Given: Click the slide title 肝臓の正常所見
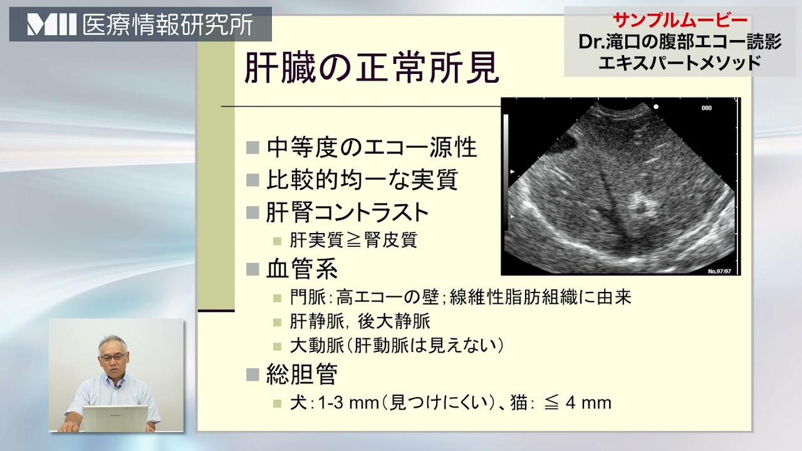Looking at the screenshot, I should pyautogui.click(x=371, y=68).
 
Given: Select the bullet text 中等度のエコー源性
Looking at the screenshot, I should pyautogui.click(x=372, y=148).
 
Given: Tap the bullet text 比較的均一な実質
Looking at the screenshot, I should pyautogui.click(x=362, y=180).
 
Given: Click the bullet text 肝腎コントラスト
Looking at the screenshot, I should pyautogui.click(x=348, y=212).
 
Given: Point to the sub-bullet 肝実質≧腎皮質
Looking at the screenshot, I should pyautogui.click(x=353, y=241).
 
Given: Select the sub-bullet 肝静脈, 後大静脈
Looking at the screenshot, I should pyautogui.click(x=360, y=322).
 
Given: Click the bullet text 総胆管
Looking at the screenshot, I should pyautogui.click(x=302, y=375).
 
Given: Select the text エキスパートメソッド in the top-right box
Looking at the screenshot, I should pyautogui.click(x=679, y=63).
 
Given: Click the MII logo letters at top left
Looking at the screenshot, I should pyautogui.click(x=52, y=25).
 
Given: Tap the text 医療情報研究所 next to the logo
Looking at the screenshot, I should pyautogui.click(x=168, y=25).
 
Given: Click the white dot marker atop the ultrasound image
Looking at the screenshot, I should pyautogui.click(x=656, y=106).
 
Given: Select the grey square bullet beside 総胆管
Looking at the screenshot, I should pyautogui.click(x=253, y=375).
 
